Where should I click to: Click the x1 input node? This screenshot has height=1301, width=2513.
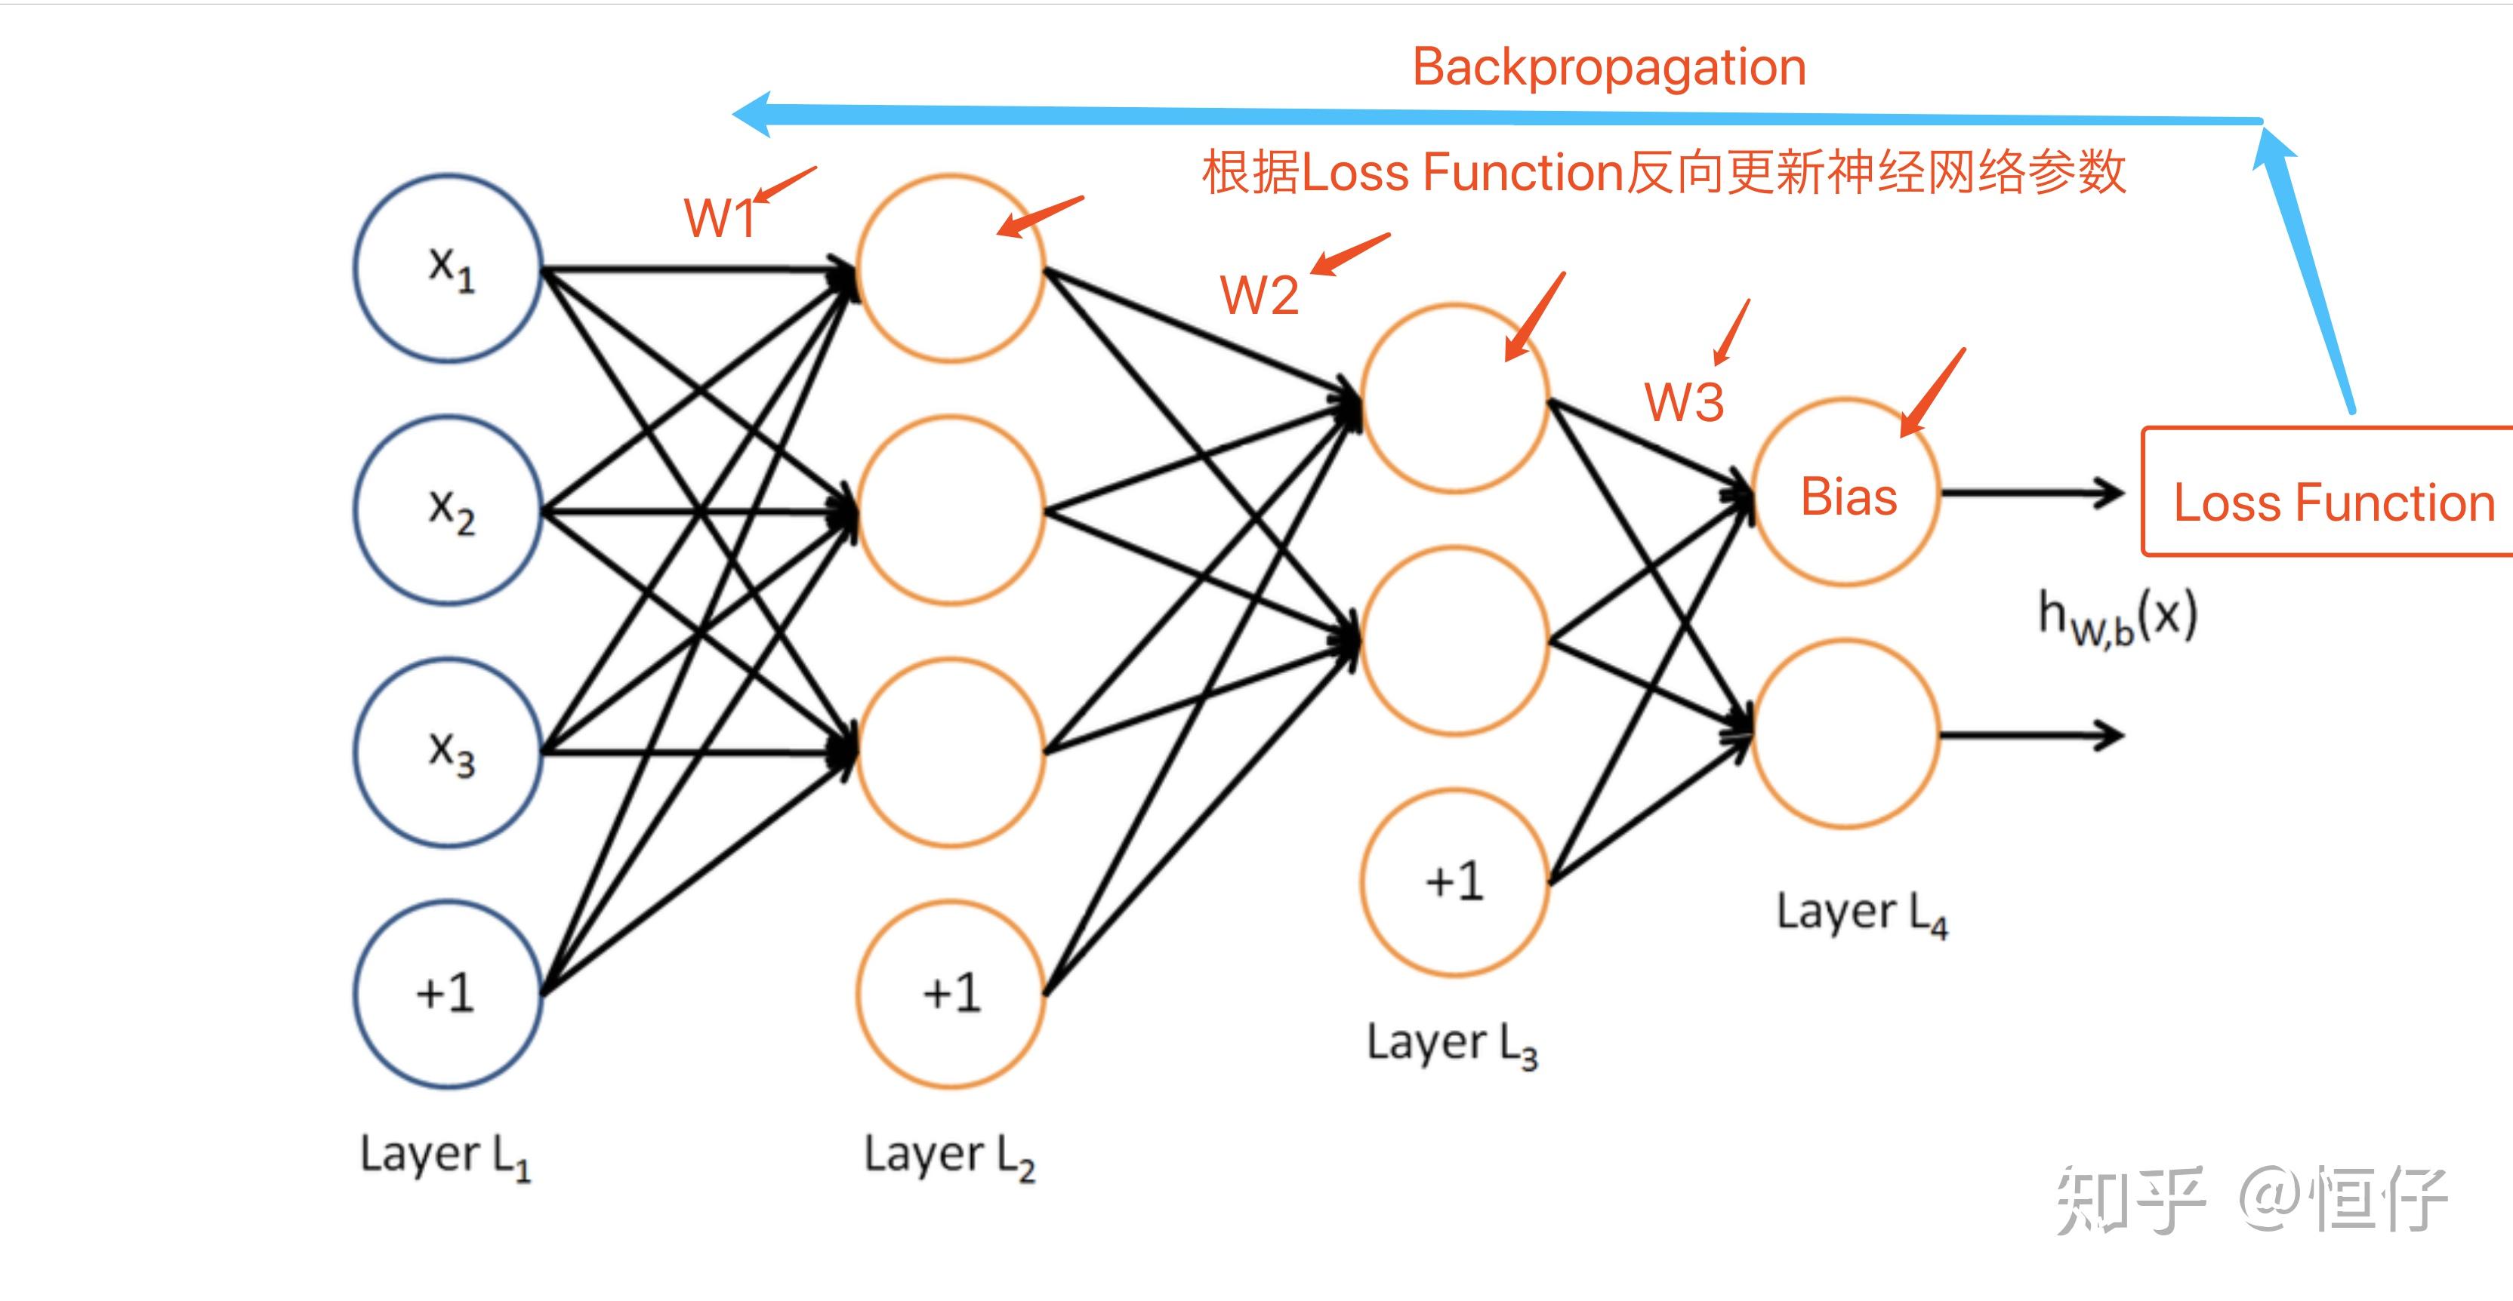(x=448, y=268)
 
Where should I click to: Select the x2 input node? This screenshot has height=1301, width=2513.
(x=448, y=510)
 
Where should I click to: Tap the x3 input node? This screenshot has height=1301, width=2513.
(x=448, y=752)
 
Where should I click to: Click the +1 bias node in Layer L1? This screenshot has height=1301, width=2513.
(x=448, y=994)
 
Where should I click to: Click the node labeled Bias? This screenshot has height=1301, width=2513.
(x=1847, y=494)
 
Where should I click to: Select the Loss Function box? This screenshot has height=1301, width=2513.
(x=2332, y=493)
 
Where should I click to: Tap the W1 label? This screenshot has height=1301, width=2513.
(x=720, y=217)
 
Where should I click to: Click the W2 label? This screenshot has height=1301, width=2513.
(x=1259, y=294)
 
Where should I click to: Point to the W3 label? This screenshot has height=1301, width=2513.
(x=1684, y=401)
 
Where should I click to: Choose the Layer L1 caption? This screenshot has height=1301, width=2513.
(x=445, y=1155)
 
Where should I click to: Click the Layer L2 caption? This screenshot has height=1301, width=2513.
(x=948, y=1155)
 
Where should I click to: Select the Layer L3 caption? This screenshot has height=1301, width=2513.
(x=1451, y=1044)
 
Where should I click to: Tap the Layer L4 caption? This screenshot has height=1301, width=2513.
(x=1861, y=914)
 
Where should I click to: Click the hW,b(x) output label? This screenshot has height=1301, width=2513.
(x=2117, y=617)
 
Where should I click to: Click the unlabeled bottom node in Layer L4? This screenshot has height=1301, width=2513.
(x=1847, y=734)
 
